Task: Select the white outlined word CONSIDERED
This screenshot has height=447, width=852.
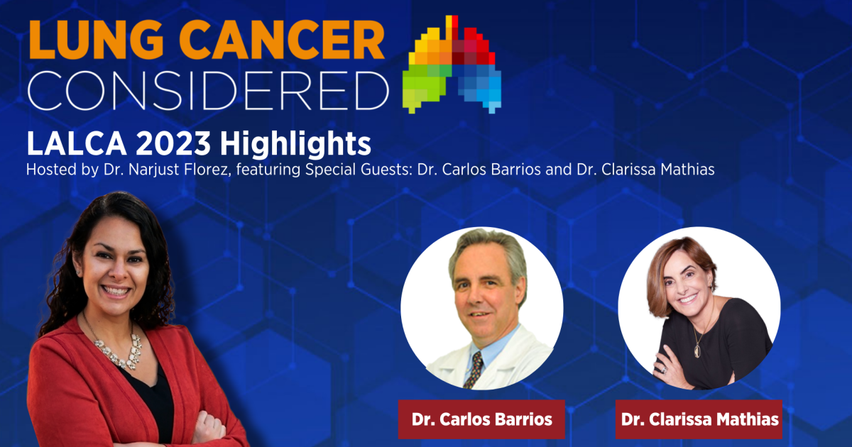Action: point(208,90)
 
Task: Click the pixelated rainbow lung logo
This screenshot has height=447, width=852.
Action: point(452,65)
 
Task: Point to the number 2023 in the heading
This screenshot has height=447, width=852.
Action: point(173,143)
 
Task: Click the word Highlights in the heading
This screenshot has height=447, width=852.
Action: point(295,144)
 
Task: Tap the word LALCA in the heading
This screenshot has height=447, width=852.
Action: point(77,143)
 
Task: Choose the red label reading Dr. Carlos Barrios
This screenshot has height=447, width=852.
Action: point(481,419)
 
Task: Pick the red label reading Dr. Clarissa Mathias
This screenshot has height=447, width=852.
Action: point(699,419)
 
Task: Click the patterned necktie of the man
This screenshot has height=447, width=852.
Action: point(474,369)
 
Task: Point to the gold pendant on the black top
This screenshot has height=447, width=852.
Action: point(697,350)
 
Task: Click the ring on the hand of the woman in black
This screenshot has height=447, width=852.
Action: point(663,370)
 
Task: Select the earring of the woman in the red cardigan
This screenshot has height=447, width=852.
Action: point(78,272)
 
